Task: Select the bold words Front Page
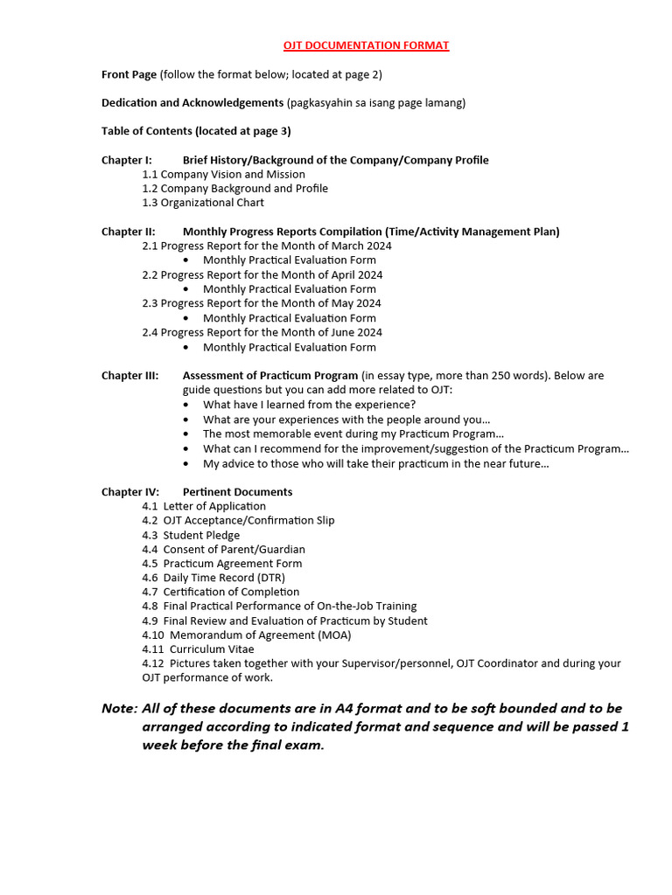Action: click(x=129, y=75)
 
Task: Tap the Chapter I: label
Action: click(x=126, y=160)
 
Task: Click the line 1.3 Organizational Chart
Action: click(x=203, y=203)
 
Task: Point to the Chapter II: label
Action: click(x=128, y=232)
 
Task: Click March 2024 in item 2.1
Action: click(x=361, y=246)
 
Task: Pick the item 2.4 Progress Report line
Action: click(x=262, y=332)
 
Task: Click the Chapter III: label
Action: click(x=129, y=376)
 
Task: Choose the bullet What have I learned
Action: click(x=309, y=405)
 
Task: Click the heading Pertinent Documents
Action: click(x=237, y=492)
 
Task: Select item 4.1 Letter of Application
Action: click(x=204, y=506)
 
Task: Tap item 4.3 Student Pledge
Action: click(x=191, y=535)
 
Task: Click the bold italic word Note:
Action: click(x=120, y=708)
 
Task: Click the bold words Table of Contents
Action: click(x=147, y=131)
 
